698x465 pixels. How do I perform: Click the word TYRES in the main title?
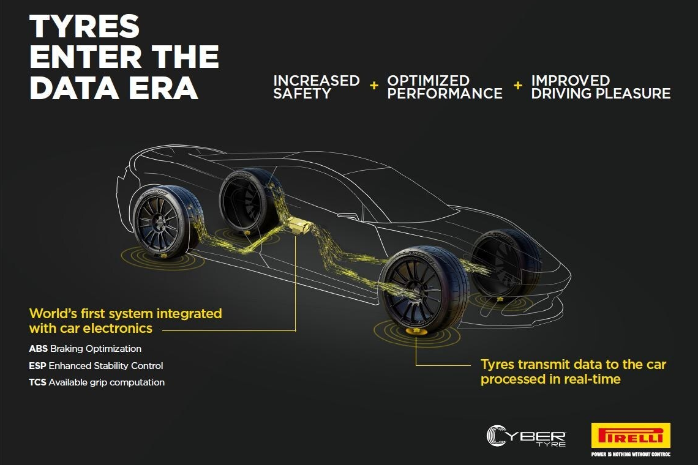[x=84, y=27]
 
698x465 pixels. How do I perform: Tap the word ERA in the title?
[x=163, y=87]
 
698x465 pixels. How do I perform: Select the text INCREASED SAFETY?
[x=316, y=87]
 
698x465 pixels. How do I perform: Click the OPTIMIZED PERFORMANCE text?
[x=445, y=87]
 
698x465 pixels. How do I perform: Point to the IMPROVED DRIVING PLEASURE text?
[x=601, y=87]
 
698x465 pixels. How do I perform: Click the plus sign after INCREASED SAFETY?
[x=374, y=85]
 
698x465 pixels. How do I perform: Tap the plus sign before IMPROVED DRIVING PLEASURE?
[x=518, y=85]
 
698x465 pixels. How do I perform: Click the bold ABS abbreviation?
[x=39, y=348]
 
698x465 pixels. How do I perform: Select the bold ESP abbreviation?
[x=38, y=365]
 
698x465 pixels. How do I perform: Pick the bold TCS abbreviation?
[x=38, y=382]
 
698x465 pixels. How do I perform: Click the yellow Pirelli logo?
[x=631, y=435]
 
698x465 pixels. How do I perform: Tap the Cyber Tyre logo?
[x=526, y=436]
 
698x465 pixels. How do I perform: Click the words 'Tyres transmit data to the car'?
[x=573, y=365]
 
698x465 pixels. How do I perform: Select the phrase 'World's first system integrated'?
[x=126, y=313]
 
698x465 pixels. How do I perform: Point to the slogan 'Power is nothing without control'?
[x=631, y=455]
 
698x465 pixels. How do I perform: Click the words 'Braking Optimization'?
[x=96, y=348]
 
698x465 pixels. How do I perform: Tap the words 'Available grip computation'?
[x=107, y=382]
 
